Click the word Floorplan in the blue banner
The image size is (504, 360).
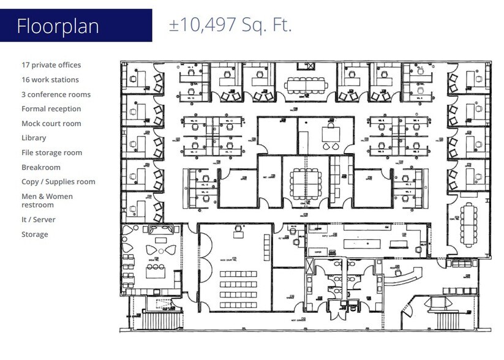coord(58,26)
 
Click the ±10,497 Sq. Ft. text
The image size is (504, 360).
coord(230,25)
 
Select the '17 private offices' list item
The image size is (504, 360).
coord(51,65)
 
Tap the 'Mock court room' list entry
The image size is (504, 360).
coord(51,124)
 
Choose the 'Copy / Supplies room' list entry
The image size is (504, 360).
coord(58,182)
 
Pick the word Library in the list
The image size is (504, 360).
coord(34,138)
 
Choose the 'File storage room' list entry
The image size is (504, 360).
coord(51,153)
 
